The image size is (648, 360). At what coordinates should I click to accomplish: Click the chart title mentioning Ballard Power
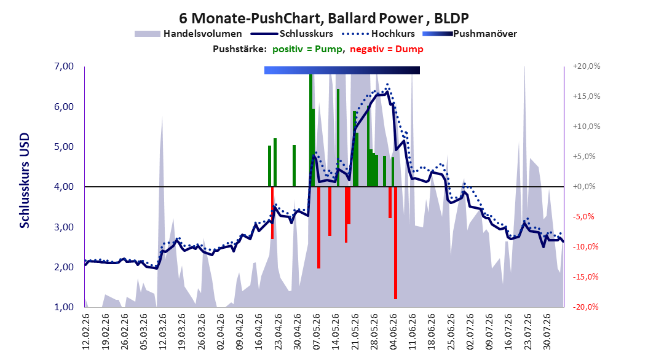coord(323,18)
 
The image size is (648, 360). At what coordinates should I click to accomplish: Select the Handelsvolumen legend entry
coord(188,34)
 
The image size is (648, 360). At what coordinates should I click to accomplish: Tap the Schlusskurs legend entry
coord(291,34)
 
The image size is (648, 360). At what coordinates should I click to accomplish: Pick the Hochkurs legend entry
coord(379,34)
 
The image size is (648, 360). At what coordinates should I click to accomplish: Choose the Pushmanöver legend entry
coord(470,34)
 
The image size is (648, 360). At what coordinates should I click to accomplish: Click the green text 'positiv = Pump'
coord(307,49)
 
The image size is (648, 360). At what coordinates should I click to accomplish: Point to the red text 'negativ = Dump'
coord(387,49)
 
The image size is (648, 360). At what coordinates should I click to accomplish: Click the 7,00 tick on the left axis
coord(64,66)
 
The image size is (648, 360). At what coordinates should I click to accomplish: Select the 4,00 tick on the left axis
coord(64,187)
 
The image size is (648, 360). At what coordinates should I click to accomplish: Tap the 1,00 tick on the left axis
coord(64,307)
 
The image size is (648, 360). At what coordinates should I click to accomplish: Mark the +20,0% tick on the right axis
coord(587,66)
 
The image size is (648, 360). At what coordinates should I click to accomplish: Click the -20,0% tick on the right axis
coord(585,307)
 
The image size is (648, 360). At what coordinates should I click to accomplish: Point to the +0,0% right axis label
coord(584,187)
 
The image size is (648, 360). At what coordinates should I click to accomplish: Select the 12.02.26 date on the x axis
coord(86,332)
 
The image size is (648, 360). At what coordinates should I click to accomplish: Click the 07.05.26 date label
coord(317,332)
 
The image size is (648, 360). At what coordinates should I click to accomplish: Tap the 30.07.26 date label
coord(547,332)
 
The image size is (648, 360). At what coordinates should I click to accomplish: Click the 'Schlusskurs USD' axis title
coord(25,181)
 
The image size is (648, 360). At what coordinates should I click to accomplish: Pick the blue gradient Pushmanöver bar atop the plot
coord(342,70)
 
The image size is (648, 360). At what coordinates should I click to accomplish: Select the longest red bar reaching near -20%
coord(395,243)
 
